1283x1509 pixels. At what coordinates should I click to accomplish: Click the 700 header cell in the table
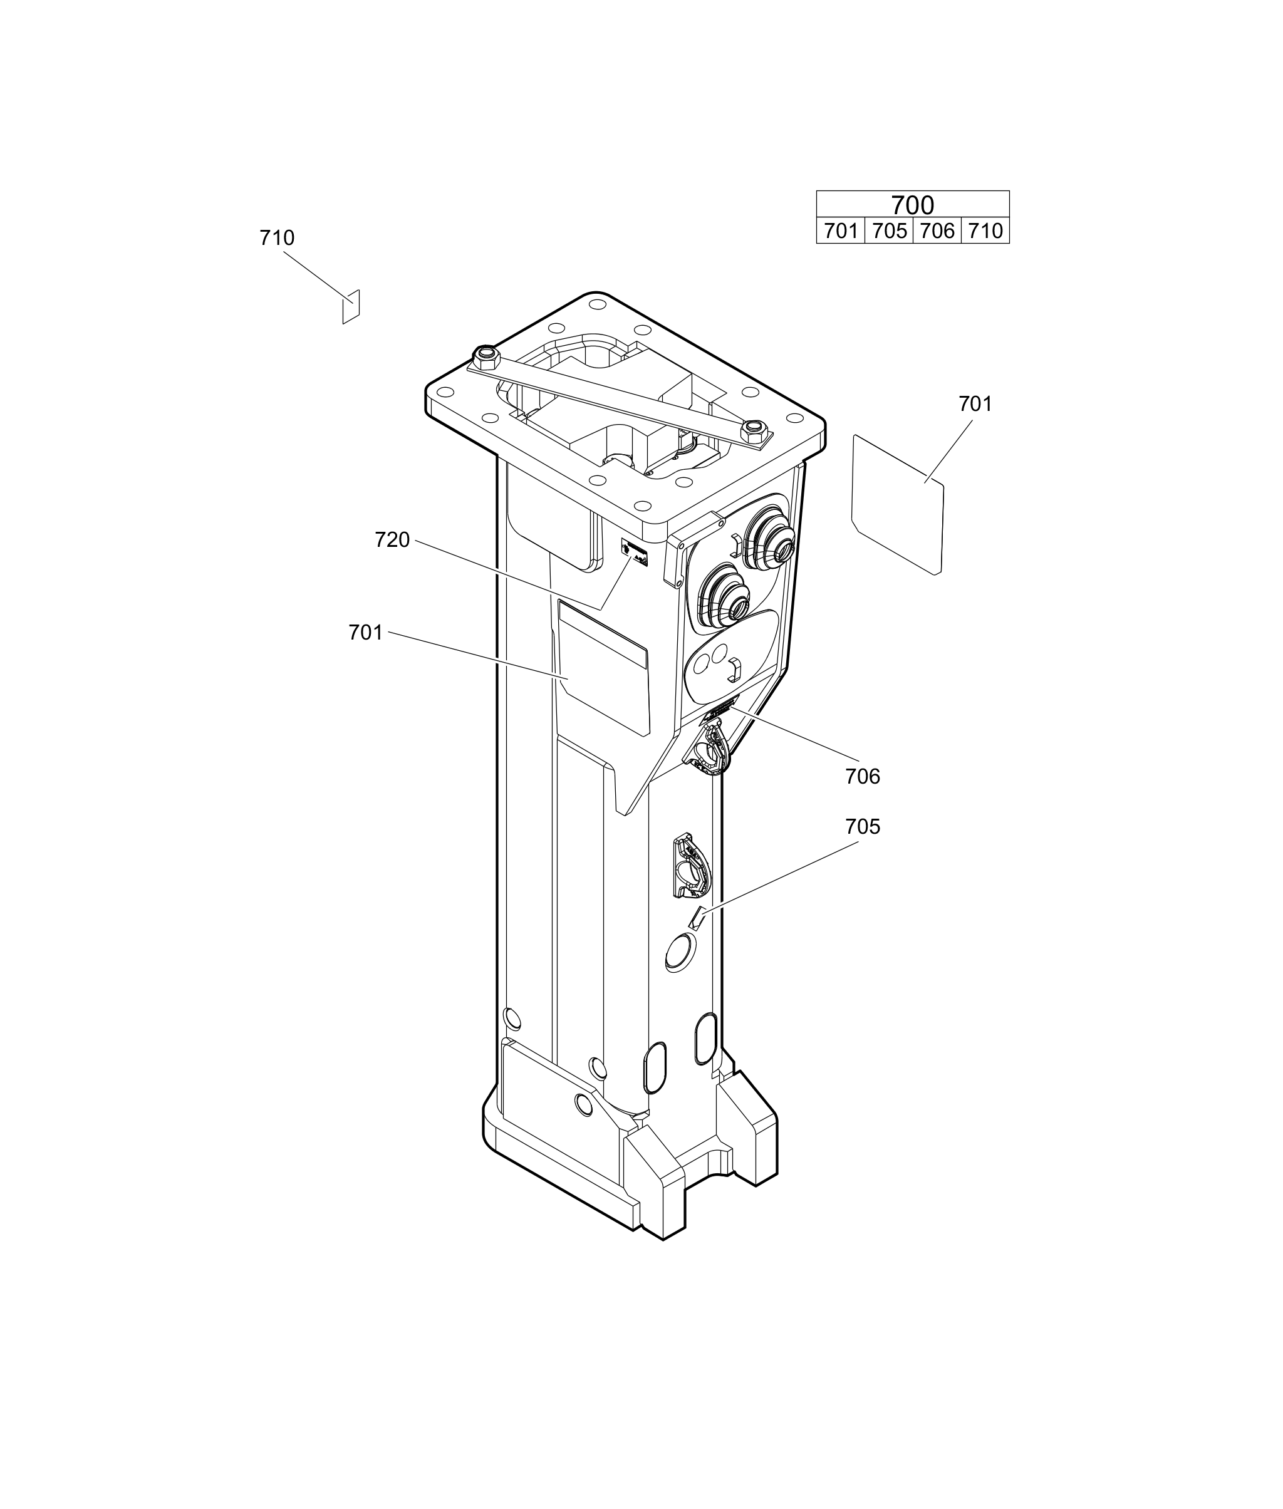[x=912, y=204]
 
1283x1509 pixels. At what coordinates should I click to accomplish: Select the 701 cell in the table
[x=841, y=231]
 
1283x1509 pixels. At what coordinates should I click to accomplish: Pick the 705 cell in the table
[x=889, y=231]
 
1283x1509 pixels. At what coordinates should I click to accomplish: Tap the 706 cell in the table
[x=937, y=231]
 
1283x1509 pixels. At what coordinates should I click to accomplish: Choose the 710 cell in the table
[x=985, y=231]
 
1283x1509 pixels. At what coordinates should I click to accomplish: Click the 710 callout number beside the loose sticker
[x=276, y=238]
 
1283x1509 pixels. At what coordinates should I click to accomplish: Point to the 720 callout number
[x=392, y=539]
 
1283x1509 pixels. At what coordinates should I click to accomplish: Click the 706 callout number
[x=863, y=777]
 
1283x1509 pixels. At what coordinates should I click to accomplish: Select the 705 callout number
[x=863, y=827]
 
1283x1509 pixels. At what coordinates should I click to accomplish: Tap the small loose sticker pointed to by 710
[x=351, y=307]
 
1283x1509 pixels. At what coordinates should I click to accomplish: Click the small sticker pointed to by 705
[x=697, y=918]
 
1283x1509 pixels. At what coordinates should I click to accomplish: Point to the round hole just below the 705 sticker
[x=682, y=952]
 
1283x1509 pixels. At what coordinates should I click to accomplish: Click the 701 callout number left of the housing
[x=365, y=633]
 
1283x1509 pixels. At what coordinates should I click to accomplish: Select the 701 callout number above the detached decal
[x=975, y=403]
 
